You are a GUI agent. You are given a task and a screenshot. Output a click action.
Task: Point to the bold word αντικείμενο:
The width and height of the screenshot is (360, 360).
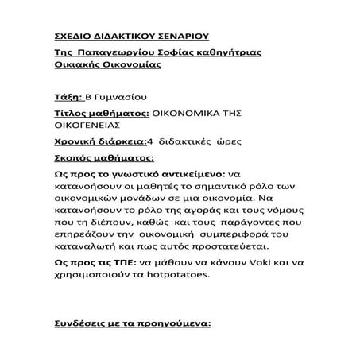pyautogui.click(x=189, y=174)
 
